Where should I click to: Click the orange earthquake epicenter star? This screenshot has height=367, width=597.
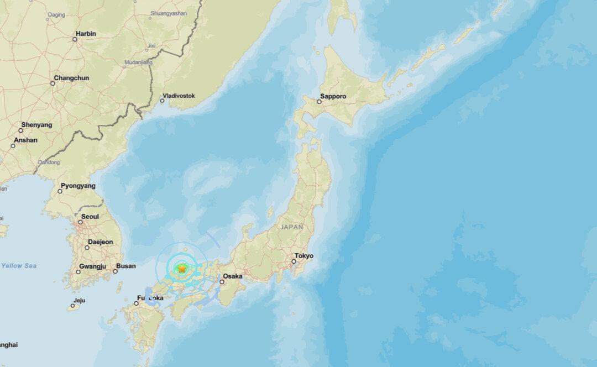182,269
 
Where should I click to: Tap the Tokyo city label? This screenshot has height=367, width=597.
304,256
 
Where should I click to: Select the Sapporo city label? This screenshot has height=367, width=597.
334,96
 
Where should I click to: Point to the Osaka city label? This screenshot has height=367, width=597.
233,276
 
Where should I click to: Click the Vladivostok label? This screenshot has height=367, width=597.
181,96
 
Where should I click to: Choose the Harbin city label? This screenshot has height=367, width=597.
86,34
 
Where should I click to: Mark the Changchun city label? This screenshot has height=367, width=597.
71,78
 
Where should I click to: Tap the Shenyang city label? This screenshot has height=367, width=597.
36,125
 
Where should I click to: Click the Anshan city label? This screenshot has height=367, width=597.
25,140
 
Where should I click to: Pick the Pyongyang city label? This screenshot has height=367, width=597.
78,186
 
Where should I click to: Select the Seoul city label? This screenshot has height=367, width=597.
90,217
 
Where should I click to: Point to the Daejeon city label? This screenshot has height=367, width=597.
100,242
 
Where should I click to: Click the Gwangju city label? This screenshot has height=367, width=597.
92,266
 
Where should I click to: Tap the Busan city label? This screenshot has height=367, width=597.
126,266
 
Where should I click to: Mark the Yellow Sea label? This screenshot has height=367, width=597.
19,266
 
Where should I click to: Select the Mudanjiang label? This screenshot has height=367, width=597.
138,62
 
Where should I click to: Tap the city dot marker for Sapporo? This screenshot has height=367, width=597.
320,102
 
